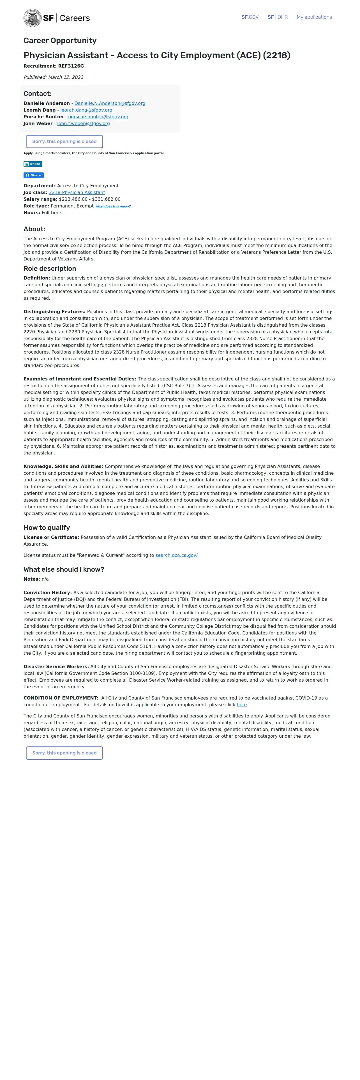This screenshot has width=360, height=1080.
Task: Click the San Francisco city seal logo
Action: [x=32, y=18]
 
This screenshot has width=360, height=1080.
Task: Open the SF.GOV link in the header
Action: [x=250, y=17]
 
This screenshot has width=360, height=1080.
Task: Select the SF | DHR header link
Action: [x=278, y=17]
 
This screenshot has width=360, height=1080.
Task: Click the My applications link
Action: [x=314, y=17]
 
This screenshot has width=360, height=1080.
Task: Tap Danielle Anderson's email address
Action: [x=110, y=103]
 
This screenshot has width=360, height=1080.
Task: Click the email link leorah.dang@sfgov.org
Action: [x=86, y=110]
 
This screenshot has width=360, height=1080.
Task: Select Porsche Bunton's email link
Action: [x=98, y=117]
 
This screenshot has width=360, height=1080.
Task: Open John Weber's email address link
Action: [x=83, y=123]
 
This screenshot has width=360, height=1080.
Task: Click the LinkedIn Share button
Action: [x=33, y=164]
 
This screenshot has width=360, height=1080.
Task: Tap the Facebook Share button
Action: [x=34, y=175]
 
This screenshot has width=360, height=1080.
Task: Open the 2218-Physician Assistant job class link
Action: [x=77, y=192]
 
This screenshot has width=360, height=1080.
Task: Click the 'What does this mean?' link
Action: [x=113, y=206]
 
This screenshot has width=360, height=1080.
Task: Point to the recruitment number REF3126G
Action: [x=71, y=66]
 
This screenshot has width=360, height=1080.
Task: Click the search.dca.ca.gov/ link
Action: [x=176, y=555]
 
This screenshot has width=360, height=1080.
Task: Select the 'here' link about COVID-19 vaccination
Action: [x=241, y=705]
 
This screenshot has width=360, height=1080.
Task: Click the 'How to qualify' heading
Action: [x=47, y=527]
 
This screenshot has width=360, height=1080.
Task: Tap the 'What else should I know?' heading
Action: [x=64, y=569]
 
